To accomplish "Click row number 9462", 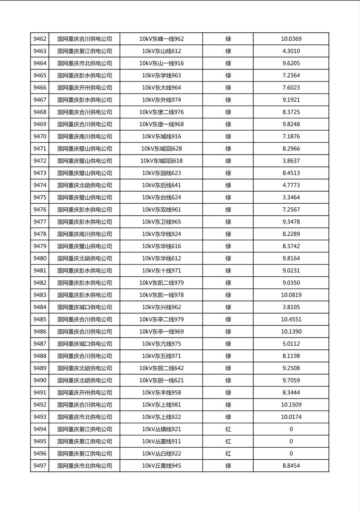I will coord(40,39).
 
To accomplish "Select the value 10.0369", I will coord(291,39).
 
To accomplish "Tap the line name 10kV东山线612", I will coord(161,51).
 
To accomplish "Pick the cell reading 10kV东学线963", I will coord(161,75).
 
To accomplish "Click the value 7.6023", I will coord(291,88).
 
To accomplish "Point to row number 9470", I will coord(40,136).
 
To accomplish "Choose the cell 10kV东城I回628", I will coord(161,149).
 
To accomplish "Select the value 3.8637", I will coord(291,161).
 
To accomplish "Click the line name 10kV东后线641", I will coord(161,185).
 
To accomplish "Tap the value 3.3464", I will coord(291,197).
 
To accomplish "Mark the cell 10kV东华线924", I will coord(161,234).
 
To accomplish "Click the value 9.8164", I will coord(291,259).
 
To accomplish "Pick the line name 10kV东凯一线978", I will coord(161,295).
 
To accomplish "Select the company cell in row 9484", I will coord(84,307).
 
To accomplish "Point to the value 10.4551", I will coord(291,319).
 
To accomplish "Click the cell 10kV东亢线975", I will coord(161,344).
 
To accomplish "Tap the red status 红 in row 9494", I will coord(228,429).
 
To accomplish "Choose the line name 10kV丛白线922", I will coord(161,453).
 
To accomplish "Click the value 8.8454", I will coord(291,466).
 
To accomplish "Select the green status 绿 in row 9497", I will coord(228,466).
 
